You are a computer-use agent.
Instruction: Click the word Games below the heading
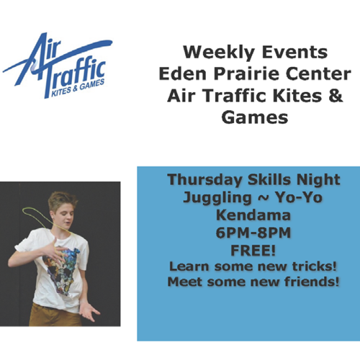tap(255, 117)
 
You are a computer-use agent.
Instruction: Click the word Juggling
tap(217, 198)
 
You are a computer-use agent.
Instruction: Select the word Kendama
tap(253, 215)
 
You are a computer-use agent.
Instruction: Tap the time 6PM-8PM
tap(253, 233)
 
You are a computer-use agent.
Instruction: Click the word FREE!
tap(253, 251)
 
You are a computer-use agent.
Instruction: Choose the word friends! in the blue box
tap(312, 282)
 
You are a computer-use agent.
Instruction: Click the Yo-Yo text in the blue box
tap(298, 197)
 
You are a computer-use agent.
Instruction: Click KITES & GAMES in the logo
tap(78, 88)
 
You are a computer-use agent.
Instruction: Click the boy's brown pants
tap(55, 315)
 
